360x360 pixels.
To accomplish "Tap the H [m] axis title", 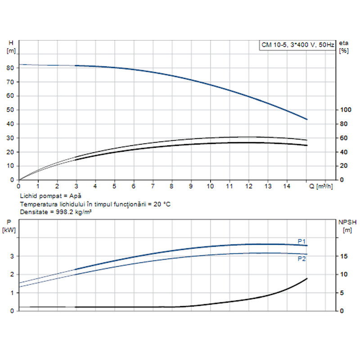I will [11, 46].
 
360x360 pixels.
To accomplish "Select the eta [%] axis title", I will [344, 46].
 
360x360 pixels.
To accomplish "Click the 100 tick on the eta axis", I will [345, 110].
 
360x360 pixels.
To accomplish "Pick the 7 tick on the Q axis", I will [153, 185].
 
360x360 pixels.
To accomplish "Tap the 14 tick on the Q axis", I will [287, 185].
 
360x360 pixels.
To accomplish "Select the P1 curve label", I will [301, 241].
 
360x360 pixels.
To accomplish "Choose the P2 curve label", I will [301, 259].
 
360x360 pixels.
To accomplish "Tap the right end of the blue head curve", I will [307, 119].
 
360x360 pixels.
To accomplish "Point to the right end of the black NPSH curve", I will [307, 279].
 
